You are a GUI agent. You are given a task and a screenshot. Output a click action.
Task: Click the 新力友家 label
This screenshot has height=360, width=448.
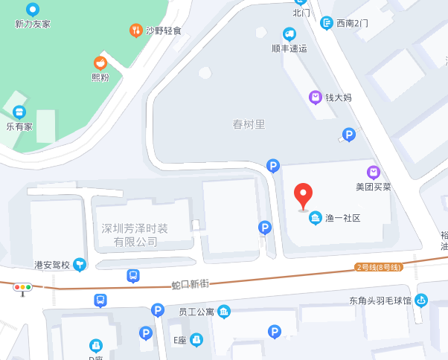pos(33,24)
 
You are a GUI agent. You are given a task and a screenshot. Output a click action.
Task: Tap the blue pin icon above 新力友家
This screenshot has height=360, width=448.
pos(33,10)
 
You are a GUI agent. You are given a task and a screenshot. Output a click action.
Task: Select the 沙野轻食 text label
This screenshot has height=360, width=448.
pos(164,30)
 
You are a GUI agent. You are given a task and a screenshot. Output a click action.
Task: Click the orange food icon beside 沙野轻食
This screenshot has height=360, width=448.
pos(135,30)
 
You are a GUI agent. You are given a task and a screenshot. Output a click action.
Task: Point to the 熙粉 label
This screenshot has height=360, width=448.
pos(100,77)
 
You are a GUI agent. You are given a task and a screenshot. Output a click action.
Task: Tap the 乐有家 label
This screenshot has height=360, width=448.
pos(19,126)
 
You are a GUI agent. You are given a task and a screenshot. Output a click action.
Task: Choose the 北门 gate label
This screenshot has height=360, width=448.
pos(301,12)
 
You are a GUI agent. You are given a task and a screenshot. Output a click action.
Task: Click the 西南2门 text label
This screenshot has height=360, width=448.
pos(352,23)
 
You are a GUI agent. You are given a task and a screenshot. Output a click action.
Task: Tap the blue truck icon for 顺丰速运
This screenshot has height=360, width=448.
pos(289,33)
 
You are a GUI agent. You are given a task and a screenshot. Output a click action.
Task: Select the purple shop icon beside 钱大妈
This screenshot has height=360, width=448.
pos(316,97)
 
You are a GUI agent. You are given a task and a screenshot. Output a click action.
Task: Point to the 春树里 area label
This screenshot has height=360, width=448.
pos(249,124)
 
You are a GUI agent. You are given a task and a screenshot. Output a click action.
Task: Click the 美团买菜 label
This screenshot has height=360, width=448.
pos(373,187)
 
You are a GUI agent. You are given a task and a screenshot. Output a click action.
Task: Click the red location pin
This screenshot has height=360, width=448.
pos(303,196)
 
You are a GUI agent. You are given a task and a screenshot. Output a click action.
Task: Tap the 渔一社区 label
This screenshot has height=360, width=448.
pos(342,218)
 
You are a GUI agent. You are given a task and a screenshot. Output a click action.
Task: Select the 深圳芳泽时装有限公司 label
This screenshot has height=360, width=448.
pos(135,234)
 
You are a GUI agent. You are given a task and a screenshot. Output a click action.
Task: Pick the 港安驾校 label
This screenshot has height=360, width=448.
pos(52,264)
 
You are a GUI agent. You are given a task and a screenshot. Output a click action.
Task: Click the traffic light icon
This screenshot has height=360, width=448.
pos(23,287)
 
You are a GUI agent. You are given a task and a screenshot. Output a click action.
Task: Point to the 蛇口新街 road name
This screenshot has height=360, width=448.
pos(190,284)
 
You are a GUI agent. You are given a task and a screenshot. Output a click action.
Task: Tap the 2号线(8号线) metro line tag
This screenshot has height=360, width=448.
pos(379,267)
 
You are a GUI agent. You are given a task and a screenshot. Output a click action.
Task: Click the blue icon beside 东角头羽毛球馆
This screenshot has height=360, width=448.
pos(421,300)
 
